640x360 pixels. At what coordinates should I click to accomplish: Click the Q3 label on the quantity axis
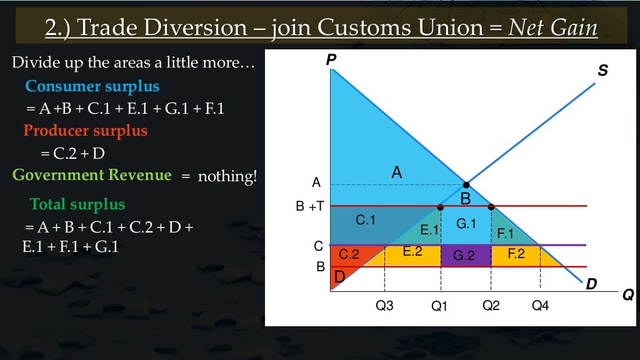(384, 306)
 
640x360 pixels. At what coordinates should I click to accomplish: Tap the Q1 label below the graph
(441, 306)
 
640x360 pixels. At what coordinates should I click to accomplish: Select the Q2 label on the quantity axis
(491, 306)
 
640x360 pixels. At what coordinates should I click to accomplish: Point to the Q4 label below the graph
(541, 306)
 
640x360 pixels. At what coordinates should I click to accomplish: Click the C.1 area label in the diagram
(366, 220)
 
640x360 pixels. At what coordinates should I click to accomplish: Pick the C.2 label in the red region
(349, 255)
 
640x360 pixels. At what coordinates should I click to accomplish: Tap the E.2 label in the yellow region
(412, 252)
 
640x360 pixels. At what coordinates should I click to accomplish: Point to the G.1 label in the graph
(466, 223)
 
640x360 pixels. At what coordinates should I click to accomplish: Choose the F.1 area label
(505, 234)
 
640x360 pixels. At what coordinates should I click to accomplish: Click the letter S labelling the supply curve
(602, 72)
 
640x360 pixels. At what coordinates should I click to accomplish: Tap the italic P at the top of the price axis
(331, 60)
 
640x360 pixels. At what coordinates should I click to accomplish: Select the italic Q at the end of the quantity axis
(628, 294)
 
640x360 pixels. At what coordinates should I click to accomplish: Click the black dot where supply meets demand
(466, 185)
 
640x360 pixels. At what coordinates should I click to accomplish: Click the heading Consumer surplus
(92, 86)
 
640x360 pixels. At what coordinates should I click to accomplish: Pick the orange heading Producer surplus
(85, 131)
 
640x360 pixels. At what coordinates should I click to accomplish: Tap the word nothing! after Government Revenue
(227, 177)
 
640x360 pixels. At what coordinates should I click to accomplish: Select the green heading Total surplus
(77, 204)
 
